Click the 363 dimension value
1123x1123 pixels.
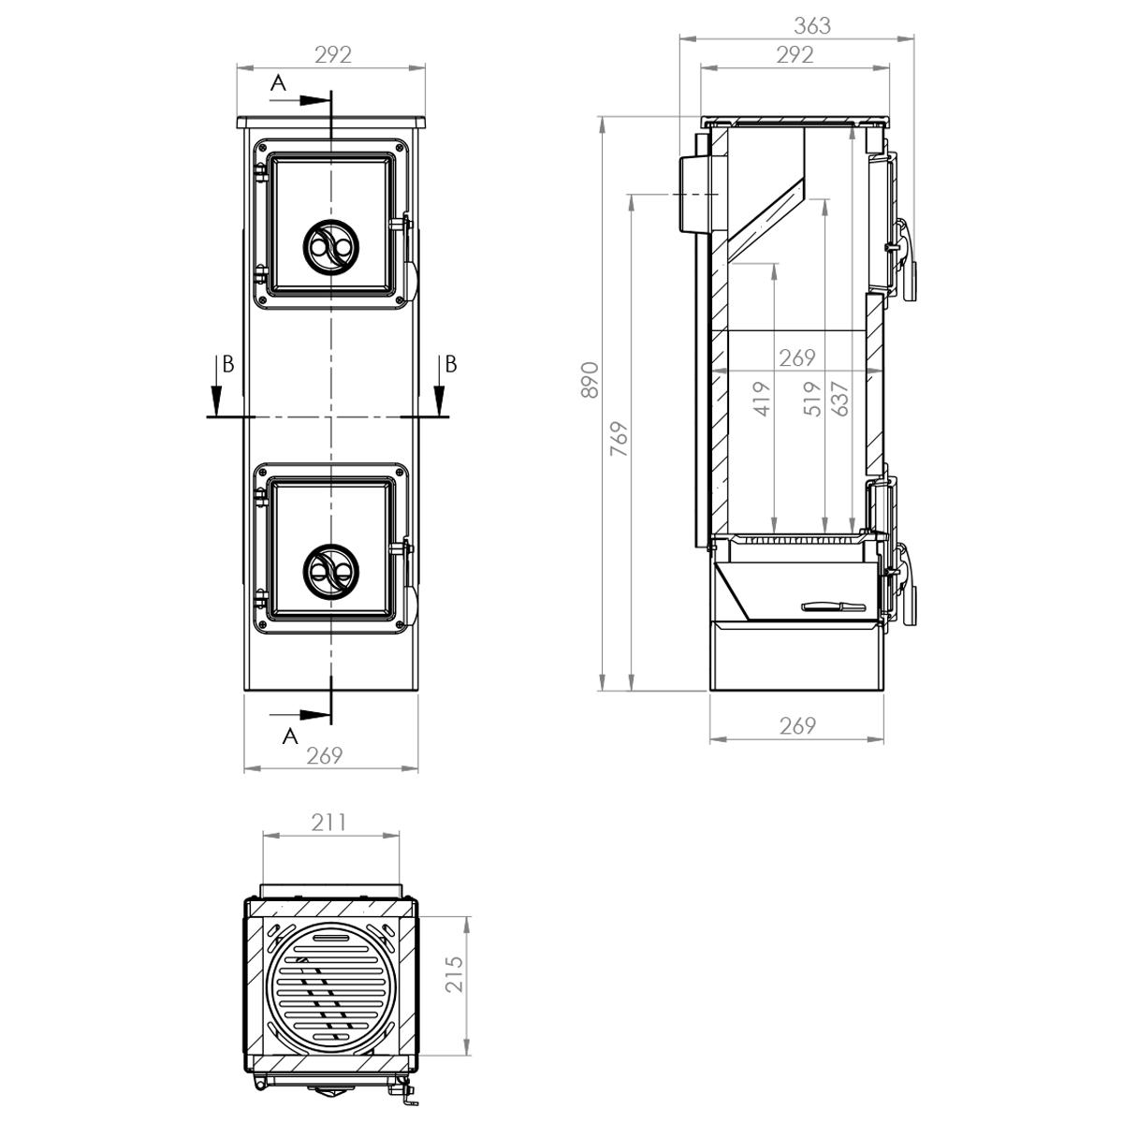(811, 25)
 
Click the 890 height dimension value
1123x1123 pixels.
(590, 379)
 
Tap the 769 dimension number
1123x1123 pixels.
(619, 438)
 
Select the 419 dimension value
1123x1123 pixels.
(762, 399)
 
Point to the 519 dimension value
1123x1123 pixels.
(811, 399)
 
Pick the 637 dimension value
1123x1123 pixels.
(839, 399)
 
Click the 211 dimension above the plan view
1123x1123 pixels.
(328, 823)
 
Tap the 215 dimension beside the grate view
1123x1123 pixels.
(453, 974)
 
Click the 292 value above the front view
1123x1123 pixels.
(333, 55)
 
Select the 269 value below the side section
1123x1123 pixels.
(796, 725)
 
